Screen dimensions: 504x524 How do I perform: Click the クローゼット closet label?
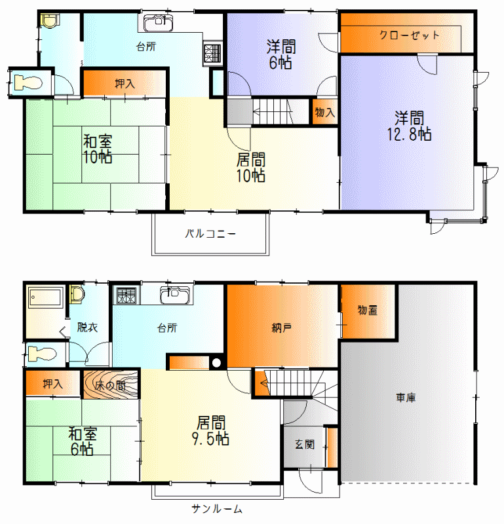[410, 35]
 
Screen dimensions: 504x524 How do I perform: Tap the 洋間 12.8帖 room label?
[410, 126]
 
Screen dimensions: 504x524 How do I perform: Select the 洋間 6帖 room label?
[281, 54]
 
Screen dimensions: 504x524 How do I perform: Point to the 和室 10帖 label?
[97, 149]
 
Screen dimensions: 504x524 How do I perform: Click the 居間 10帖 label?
[251, 168]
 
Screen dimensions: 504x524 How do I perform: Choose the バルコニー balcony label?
[210, 234]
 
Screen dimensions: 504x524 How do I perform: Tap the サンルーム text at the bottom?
[217, 509]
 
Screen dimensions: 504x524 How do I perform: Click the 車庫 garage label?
[406, 398]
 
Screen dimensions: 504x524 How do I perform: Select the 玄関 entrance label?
[305, 445]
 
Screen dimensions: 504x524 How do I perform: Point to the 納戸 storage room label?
[281, 328]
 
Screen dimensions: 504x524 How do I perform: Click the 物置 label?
[368, 310]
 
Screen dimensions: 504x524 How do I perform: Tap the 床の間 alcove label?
[110, 386]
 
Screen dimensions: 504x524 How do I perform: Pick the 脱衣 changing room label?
[87, 327]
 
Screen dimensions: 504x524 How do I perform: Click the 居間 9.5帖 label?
[210, 430]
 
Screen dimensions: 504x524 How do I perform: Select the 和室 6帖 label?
[83, 441]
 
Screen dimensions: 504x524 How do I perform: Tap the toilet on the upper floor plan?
[28, 83]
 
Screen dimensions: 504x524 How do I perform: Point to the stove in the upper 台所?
[213, 54]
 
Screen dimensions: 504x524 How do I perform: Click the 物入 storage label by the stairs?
[324, 112]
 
